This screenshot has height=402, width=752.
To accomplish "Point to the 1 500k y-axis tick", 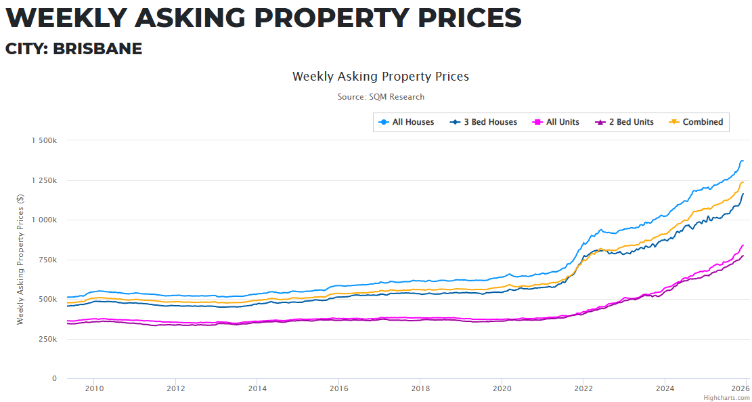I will (x=44, y=140).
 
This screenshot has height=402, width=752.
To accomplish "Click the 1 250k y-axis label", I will (x=44, y=180).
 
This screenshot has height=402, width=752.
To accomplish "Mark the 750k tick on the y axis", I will (x=49, y=260).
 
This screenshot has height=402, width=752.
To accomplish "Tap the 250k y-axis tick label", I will (x=49, y=339).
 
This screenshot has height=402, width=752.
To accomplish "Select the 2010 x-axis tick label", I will (x=93, y=388).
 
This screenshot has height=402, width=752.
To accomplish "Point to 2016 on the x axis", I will (x=338, y=388).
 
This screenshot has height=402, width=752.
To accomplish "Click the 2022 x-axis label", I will (x=583, y=388).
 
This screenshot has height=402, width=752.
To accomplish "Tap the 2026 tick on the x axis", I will (x=740, y=388).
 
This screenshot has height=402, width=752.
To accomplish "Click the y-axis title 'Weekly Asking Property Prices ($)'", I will (x=20, y=260).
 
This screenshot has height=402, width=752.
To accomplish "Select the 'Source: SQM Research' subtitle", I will (x=381, y=97).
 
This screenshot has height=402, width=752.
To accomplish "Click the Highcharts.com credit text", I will (x=726, y=398).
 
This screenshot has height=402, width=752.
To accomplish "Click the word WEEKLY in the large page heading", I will (x=64, y=18).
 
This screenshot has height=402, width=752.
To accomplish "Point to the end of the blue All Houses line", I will (x=743, y=161).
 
